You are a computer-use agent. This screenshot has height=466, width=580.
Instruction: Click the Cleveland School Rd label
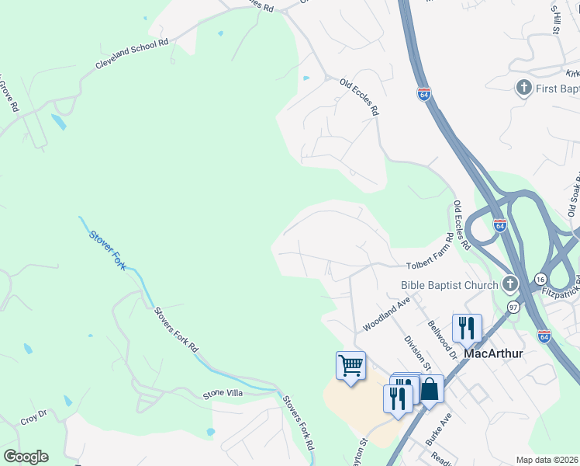click(132, 54)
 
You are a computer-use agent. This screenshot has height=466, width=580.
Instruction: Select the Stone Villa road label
click(223, 394)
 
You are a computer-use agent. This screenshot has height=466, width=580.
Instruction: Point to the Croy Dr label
click(34, 418)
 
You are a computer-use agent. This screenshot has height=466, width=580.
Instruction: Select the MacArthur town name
click(495, 353)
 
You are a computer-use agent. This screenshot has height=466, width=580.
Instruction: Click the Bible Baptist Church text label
click(449, 285)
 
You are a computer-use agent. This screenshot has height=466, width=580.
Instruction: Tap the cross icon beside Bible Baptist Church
click(510, 284)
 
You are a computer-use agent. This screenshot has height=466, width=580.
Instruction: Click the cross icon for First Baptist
click(524, 88)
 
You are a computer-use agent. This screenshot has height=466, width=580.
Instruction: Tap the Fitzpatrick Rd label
click(561, 291)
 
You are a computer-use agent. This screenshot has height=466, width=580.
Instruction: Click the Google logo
click(25, 457)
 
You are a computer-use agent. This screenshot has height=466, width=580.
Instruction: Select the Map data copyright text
click(547, 460)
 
